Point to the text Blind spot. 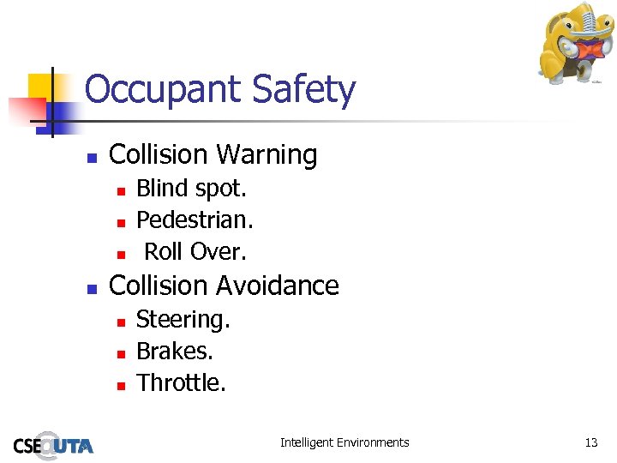[191, 188]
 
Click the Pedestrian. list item [195, 220]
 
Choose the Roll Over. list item [195, 252]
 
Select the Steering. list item [183, 320]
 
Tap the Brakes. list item [175, 352]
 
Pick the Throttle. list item [181, 383]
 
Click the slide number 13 [590, 443]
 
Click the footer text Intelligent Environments [344, 443]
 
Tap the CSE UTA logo [53, 445]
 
